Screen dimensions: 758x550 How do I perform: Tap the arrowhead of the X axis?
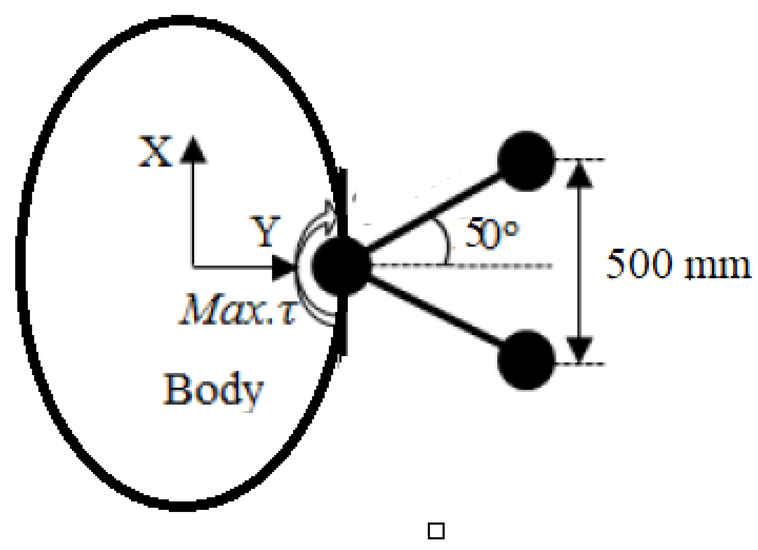tap(193, 150)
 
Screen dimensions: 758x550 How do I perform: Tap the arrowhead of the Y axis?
tap(283, 268)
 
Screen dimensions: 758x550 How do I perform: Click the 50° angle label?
tap(491, 233)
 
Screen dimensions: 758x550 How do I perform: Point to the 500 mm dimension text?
tap(678, 265)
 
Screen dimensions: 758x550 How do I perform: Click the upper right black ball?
tap(526, 161)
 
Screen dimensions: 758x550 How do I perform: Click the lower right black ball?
tap(526, 360)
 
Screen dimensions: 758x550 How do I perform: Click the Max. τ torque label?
tap(237, 310)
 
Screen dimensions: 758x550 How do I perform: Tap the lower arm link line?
tap(435, 312)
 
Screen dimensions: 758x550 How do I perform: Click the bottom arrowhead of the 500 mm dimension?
tap(579, 349)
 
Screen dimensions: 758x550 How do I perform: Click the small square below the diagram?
tap(436, 531)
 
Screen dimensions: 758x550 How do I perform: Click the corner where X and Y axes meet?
tap(193, 267)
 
